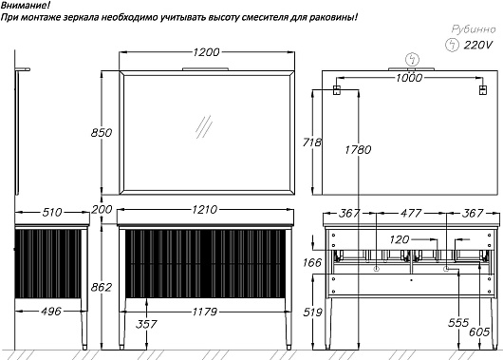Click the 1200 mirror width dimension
[206, 51]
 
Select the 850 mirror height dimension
[102, 132]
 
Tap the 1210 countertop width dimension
[205, 209]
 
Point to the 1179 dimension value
[205, 312]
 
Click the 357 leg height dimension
[146, 324]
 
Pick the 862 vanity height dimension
[102, 287]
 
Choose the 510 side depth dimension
[52, 212]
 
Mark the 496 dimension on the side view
[51, 311]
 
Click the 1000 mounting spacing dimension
[409, 77]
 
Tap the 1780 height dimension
[358, 149]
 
